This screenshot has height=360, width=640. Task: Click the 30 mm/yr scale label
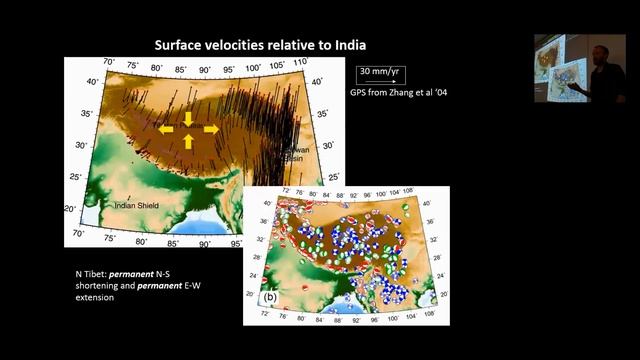(381, 72)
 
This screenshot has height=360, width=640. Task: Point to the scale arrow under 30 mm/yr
(381, 82)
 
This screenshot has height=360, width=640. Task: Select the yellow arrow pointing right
(211, 129)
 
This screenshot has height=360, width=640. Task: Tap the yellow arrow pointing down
(189, 116)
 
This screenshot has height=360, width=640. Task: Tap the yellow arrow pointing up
(189, 142)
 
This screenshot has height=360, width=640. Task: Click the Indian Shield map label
(138, 207)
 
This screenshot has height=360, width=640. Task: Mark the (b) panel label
(270, 297)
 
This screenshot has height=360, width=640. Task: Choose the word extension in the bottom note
(95, 298)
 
